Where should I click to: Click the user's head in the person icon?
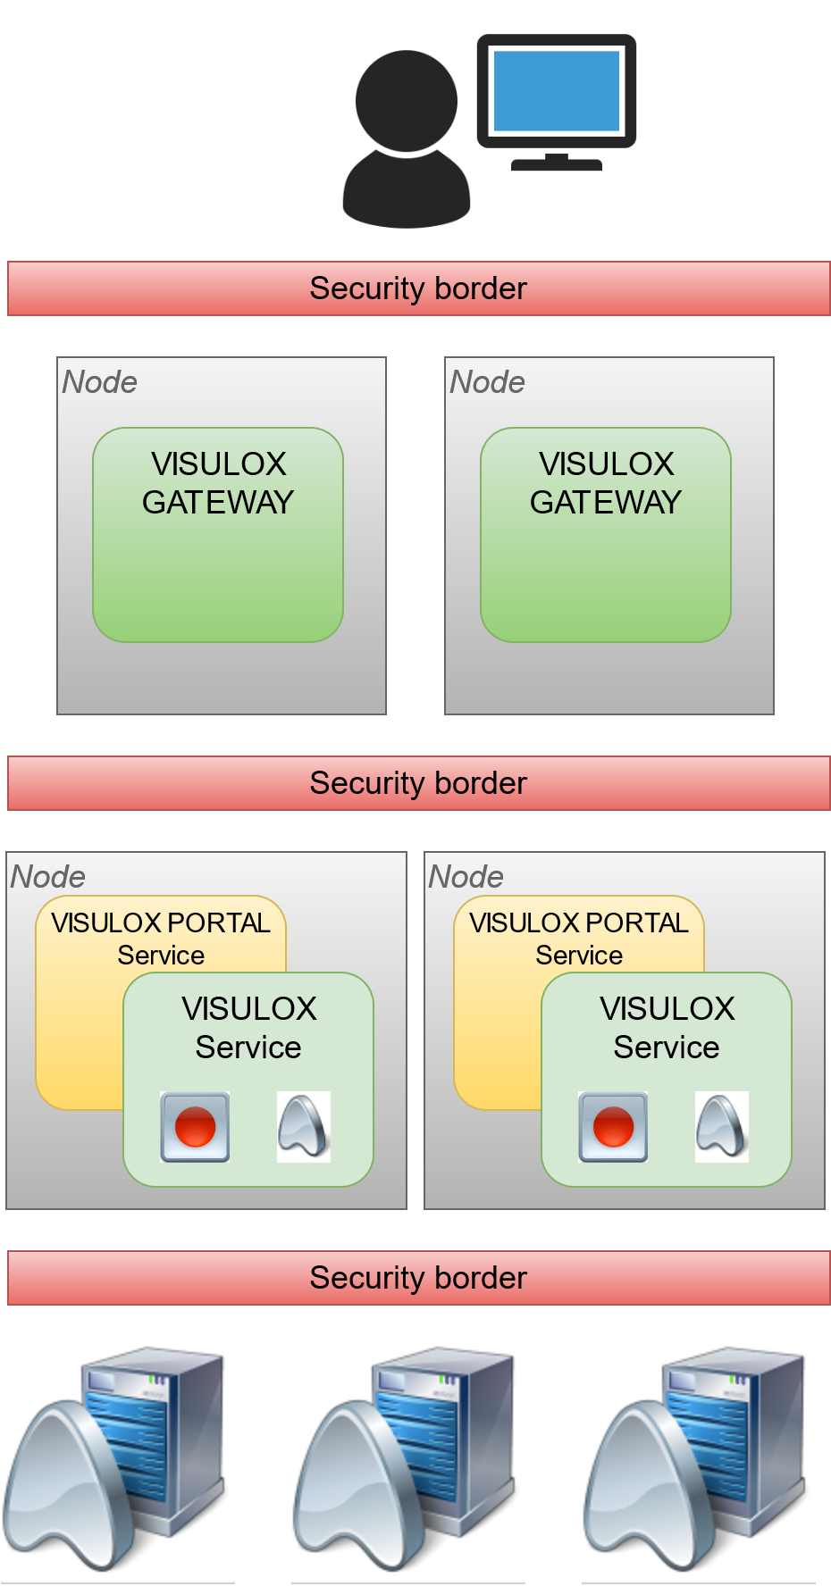click(407, 100)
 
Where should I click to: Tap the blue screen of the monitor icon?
click(556, 91)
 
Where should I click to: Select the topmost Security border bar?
click(418, 288)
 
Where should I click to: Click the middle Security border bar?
click(418, 783)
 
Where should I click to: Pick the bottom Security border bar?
click(418, 1278)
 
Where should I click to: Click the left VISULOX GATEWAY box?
click(218, 534)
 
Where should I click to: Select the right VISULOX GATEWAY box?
click(606, 534)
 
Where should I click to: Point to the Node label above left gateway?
click(99, 382)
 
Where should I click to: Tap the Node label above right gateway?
click(487, 382)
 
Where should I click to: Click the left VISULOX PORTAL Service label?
click(161, 938)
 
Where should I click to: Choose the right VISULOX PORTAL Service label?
click(579, 938)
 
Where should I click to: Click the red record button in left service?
click(195, 1126)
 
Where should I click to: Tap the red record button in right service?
click(613, 1126)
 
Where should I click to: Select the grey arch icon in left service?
click(304, 1126)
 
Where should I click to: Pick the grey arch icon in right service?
click(722, 1126)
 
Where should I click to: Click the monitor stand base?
click(556, 164)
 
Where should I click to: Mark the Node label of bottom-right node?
click(466, 877)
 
